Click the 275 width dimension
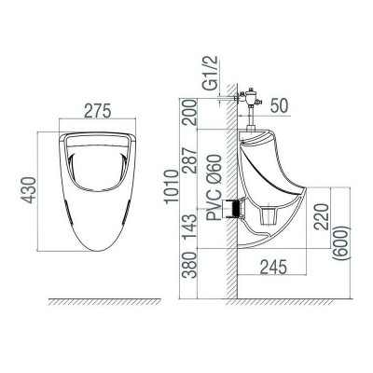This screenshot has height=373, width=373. point(97,110)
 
